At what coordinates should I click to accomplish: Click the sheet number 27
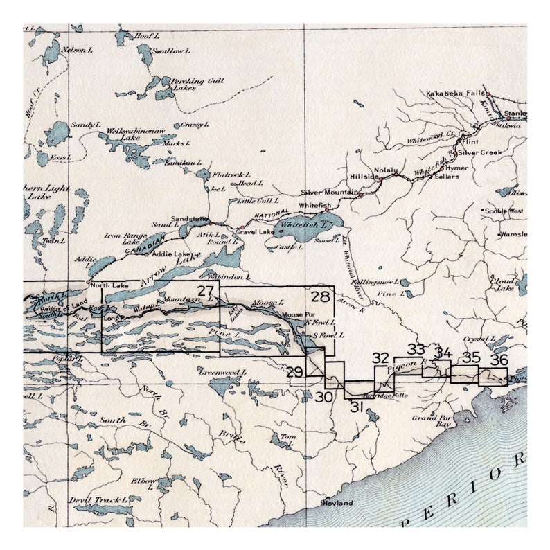(205, 292)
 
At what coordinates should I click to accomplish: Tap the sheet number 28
(320, 297)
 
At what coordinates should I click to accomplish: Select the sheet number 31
(357, 407)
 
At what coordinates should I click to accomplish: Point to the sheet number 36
(499, 360)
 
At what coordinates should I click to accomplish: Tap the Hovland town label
(337, 503)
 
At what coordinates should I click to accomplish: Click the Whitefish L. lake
(308, 226)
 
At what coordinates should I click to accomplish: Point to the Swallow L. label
(169, 51)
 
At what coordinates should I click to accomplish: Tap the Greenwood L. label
(222, 373)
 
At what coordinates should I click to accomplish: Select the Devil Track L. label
(98, 499)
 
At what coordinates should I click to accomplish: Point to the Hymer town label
(457, 168)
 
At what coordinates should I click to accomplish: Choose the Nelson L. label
(78, 50)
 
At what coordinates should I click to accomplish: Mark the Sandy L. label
(87, 124)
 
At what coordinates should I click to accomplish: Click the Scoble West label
(504, 210)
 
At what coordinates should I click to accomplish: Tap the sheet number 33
(416, 348)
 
